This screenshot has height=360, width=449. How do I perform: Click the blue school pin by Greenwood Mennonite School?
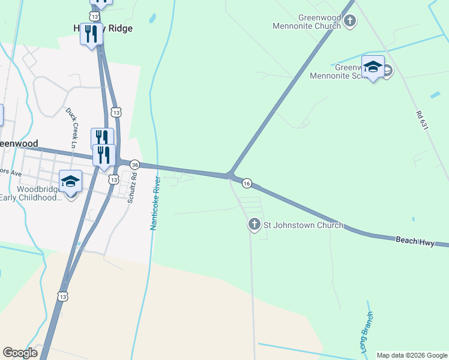click(x=373, y=67)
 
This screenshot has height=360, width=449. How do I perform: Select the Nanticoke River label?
click(x=154, y=203)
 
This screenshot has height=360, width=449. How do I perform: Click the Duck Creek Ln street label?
click(x=71, y=128)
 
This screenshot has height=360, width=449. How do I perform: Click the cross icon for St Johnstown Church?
click(x=254, y=225)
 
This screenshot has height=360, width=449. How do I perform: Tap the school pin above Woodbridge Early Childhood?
click(x=70, y=182)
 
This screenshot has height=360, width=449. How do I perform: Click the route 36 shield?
click(x=135, y=165)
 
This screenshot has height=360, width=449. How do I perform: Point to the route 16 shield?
click(x=247, y=183)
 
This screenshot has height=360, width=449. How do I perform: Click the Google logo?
click(x=20, y=353)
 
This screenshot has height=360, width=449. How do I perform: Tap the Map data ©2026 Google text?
click(x=412, y=355)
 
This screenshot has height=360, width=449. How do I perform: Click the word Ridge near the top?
click(x=119, y=28)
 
